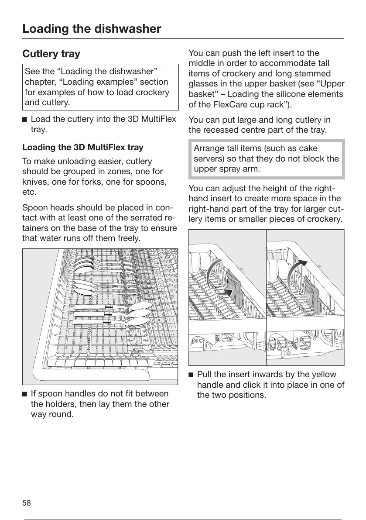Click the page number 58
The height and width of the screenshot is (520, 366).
[27, 503]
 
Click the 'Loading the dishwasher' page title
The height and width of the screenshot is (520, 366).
[92, 29]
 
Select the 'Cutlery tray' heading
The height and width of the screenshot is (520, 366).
[51, 54]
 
